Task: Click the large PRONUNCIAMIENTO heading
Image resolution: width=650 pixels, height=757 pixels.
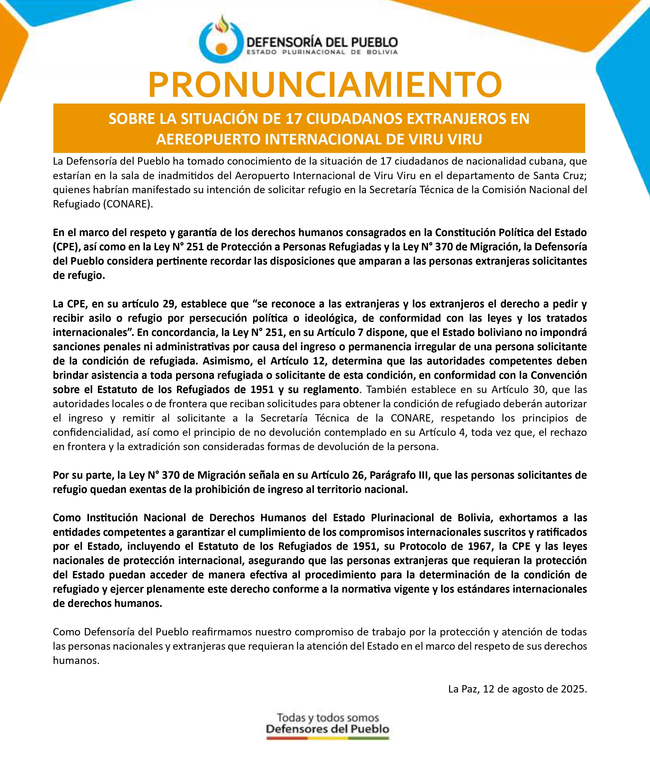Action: pos(325,85)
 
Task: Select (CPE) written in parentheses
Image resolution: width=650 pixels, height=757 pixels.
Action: pos(66,247)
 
